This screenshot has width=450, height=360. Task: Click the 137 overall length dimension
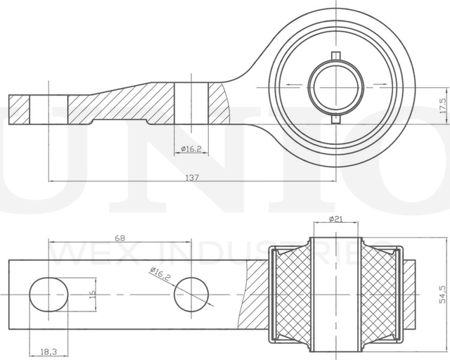pyautogui.click(x=191, y=178)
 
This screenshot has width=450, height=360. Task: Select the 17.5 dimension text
pyautogui.click(x=442, y=105)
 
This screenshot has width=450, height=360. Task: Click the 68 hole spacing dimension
pyautogui.click(x=120, y=238)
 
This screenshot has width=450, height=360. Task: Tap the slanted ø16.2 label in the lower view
pyautogui.click(x=160, y=274)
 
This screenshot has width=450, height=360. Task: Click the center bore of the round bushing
pyautogui.click(x=337, y=86)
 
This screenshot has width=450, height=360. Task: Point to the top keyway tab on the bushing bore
pyautogui.click(x=337, y=56)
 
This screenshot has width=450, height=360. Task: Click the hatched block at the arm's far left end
pyautogui.click(x=20, y=110)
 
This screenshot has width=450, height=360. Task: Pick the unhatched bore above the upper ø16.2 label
pyautogui.click(x=190, y=105)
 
